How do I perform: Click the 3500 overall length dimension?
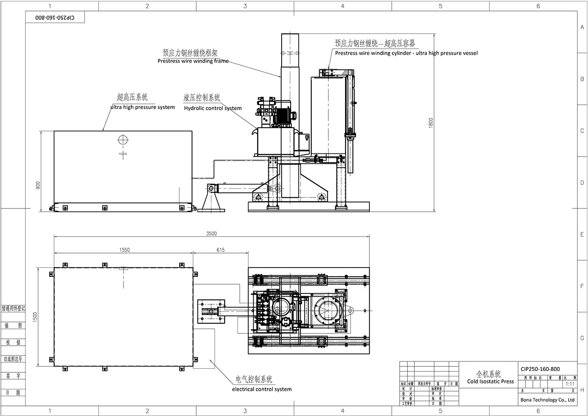tap(211, 233)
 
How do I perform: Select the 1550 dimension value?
tap(124, 250)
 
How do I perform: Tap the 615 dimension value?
tap(220, 250)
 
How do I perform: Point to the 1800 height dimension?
tap(431, 123)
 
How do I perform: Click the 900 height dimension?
tap(38, 185)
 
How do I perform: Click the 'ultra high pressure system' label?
tap(142, 107)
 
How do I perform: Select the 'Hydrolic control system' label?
tap(213, 108)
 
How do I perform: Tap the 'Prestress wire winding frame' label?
tap(193, 61)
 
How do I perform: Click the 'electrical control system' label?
tap(261, 389)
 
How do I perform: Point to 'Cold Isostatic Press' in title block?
tap(490, 382)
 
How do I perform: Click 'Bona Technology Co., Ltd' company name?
tap(548, 400)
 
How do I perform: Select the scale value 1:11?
tap(570, 383)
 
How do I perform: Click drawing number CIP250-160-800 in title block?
tap(540, 369)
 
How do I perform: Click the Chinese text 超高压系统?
tap(132, 97)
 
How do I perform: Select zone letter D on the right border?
tap(582, 183)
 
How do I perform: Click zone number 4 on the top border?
tap(343, 6)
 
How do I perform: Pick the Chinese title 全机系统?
tap(488, 374)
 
